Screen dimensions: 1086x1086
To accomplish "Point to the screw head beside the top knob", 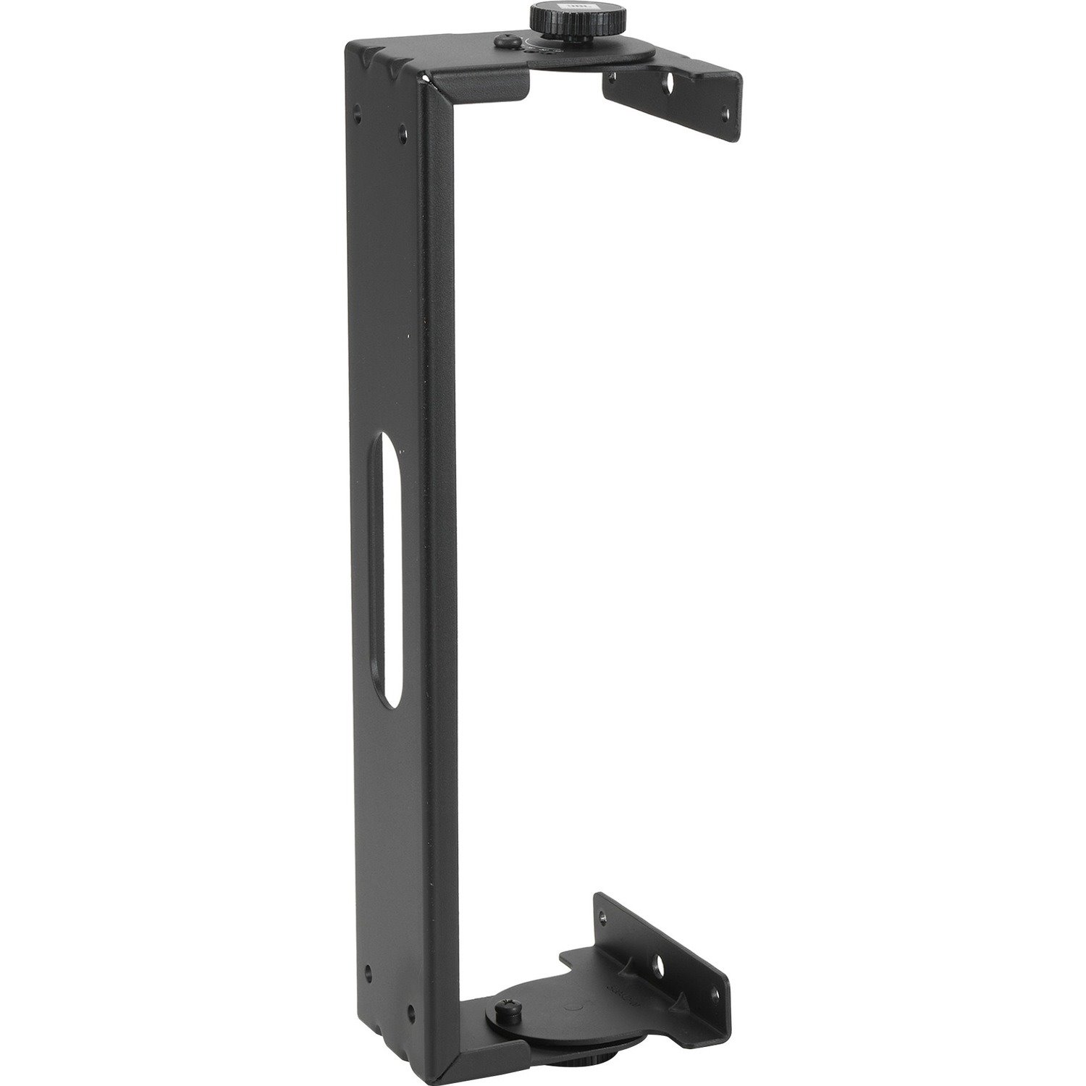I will (x=502, y=43).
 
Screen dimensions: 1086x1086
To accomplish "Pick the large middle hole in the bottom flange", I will (x=659, y=963).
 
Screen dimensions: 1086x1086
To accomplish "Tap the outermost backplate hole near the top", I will (x=358, y=112).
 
